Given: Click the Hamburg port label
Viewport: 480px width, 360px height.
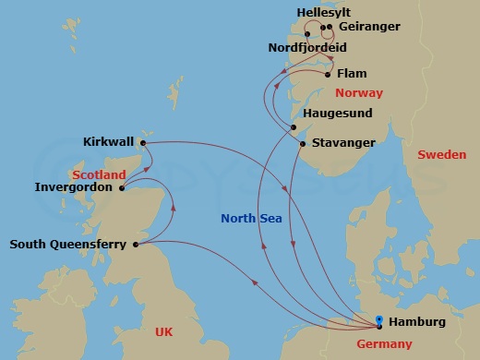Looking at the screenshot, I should [418, 322].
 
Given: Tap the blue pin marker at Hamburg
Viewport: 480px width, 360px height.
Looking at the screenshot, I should [379, 322].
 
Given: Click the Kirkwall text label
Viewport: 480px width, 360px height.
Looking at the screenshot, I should [109, 142].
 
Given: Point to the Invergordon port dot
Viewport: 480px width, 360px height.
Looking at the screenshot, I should [122, 187].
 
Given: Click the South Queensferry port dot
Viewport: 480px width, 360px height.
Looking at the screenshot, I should [136, 245].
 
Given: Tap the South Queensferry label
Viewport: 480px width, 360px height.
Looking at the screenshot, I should [69, 245].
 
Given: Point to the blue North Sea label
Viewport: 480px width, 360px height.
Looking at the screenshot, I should [252, 219].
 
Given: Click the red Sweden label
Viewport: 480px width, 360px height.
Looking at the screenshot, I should [441, 155].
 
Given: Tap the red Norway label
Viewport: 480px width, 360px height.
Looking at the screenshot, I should [358, 93].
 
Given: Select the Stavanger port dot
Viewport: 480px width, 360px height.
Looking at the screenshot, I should [303, 143].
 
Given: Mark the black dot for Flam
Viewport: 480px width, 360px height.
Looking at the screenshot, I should [328, 73].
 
